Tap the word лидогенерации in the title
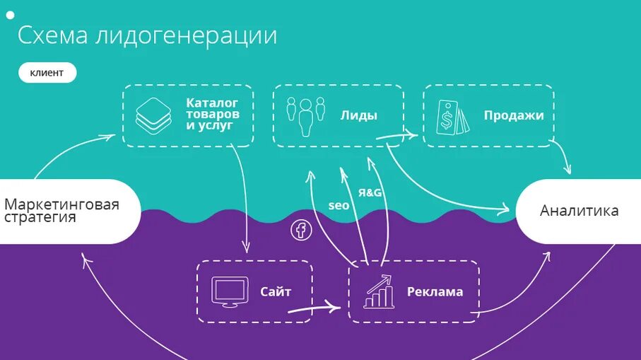[186, 36]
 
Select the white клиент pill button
[47, 73]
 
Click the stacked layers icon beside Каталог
[153, 115]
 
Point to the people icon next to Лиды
[305, 116]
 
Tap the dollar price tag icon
[451, 117]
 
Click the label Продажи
[514, 115]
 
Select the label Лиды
[358, 115]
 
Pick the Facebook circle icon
[301, 230]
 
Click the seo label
[339, 206]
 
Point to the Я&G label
[370, 192]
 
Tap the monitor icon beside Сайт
[230, 291]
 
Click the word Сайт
[276, 291]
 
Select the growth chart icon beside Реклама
[379, 291]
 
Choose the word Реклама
[435, 291]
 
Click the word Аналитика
[579, 211]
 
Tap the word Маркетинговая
[61, 204]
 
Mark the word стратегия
[40, 217]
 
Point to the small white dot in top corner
[10, 14]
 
